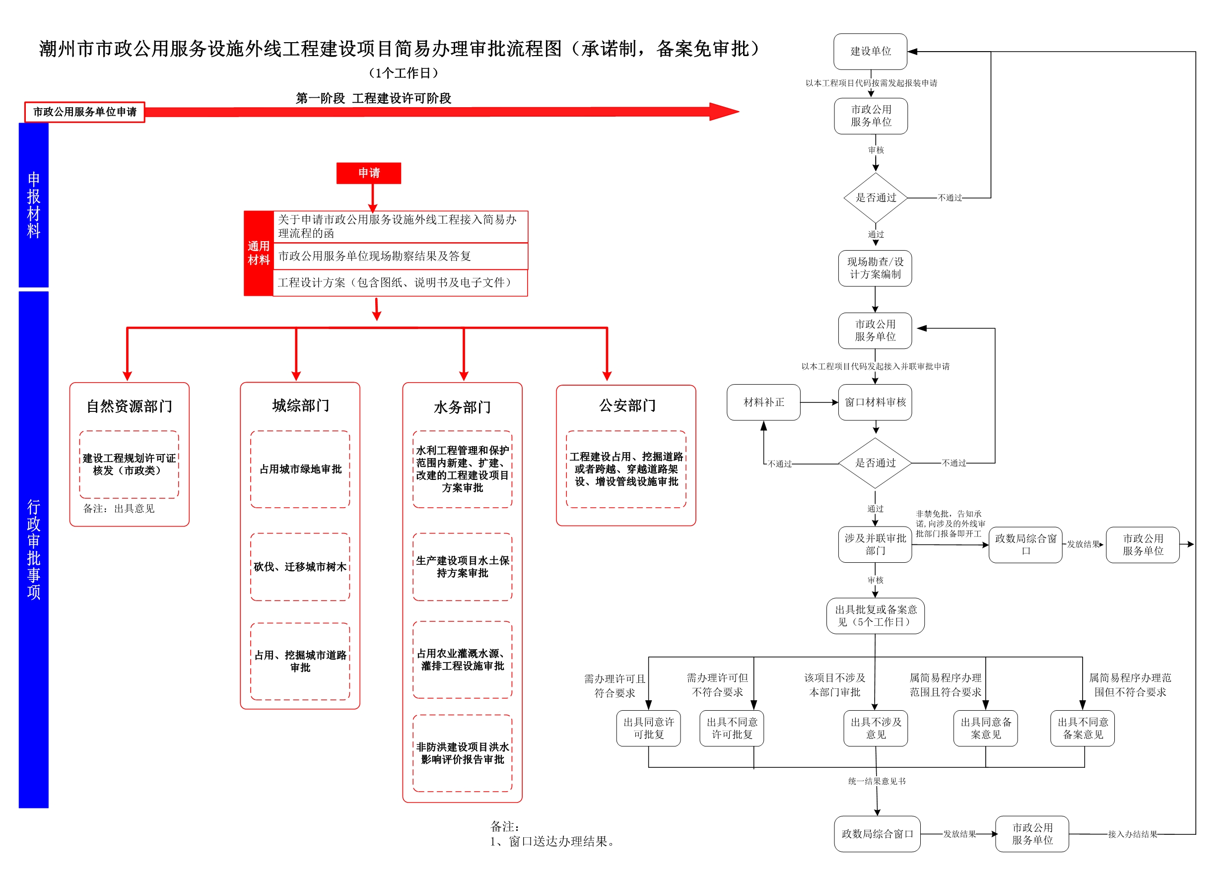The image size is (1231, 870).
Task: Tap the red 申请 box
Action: [369, 173]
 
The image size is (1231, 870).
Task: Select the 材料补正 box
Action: [763, 402]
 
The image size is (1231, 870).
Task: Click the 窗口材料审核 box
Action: [875, 402]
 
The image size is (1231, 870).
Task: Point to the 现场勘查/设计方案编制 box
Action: [875, 268]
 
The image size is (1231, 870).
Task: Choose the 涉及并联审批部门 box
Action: [875, 544]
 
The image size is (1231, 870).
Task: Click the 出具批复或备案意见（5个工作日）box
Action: [875, 616]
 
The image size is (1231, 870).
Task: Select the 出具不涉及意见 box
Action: [876, 729]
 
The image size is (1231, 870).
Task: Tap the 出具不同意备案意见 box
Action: [1083, 729]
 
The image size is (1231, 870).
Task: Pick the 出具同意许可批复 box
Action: [649, 729]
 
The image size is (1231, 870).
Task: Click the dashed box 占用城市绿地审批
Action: [300, 469]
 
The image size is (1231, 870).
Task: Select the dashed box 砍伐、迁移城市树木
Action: [300, 567]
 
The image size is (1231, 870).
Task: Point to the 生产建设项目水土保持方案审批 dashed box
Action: [462, 567]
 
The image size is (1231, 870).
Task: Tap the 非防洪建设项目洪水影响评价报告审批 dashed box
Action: [462, 753]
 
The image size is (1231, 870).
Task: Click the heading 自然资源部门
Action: [129, 406]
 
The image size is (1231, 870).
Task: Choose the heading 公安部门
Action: [627, 405]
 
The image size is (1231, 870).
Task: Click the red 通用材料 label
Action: [259, 253]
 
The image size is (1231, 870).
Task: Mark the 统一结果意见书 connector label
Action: [877, 781]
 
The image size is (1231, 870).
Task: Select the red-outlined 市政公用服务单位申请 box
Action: [85, 112]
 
